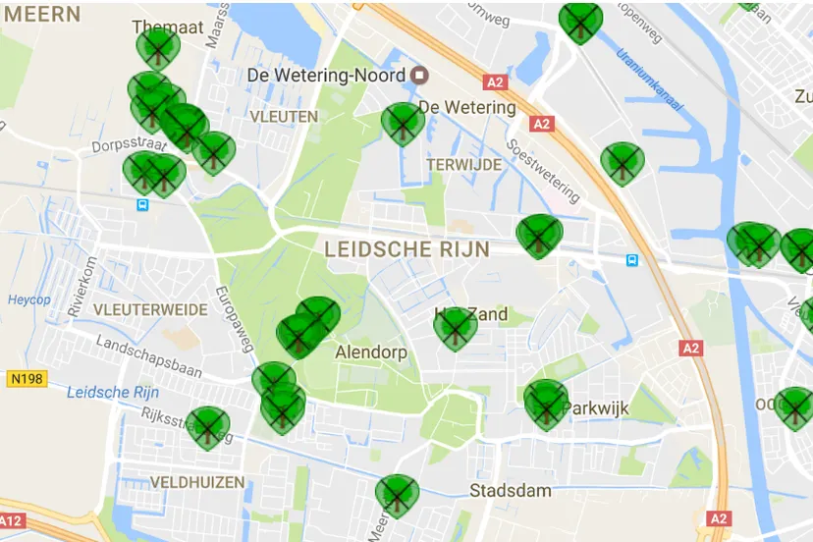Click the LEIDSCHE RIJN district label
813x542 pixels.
(406, 249)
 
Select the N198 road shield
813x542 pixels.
(28, 378)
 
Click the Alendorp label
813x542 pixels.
(370, 352)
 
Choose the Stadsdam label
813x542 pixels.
(510, 490)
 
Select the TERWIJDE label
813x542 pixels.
(463, 165)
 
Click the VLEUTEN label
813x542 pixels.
(284, 116)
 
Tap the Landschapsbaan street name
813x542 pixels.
(147, 357)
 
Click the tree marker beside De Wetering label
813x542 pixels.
(403, 122)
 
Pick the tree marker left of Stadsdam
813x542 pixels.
(397, 494)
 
